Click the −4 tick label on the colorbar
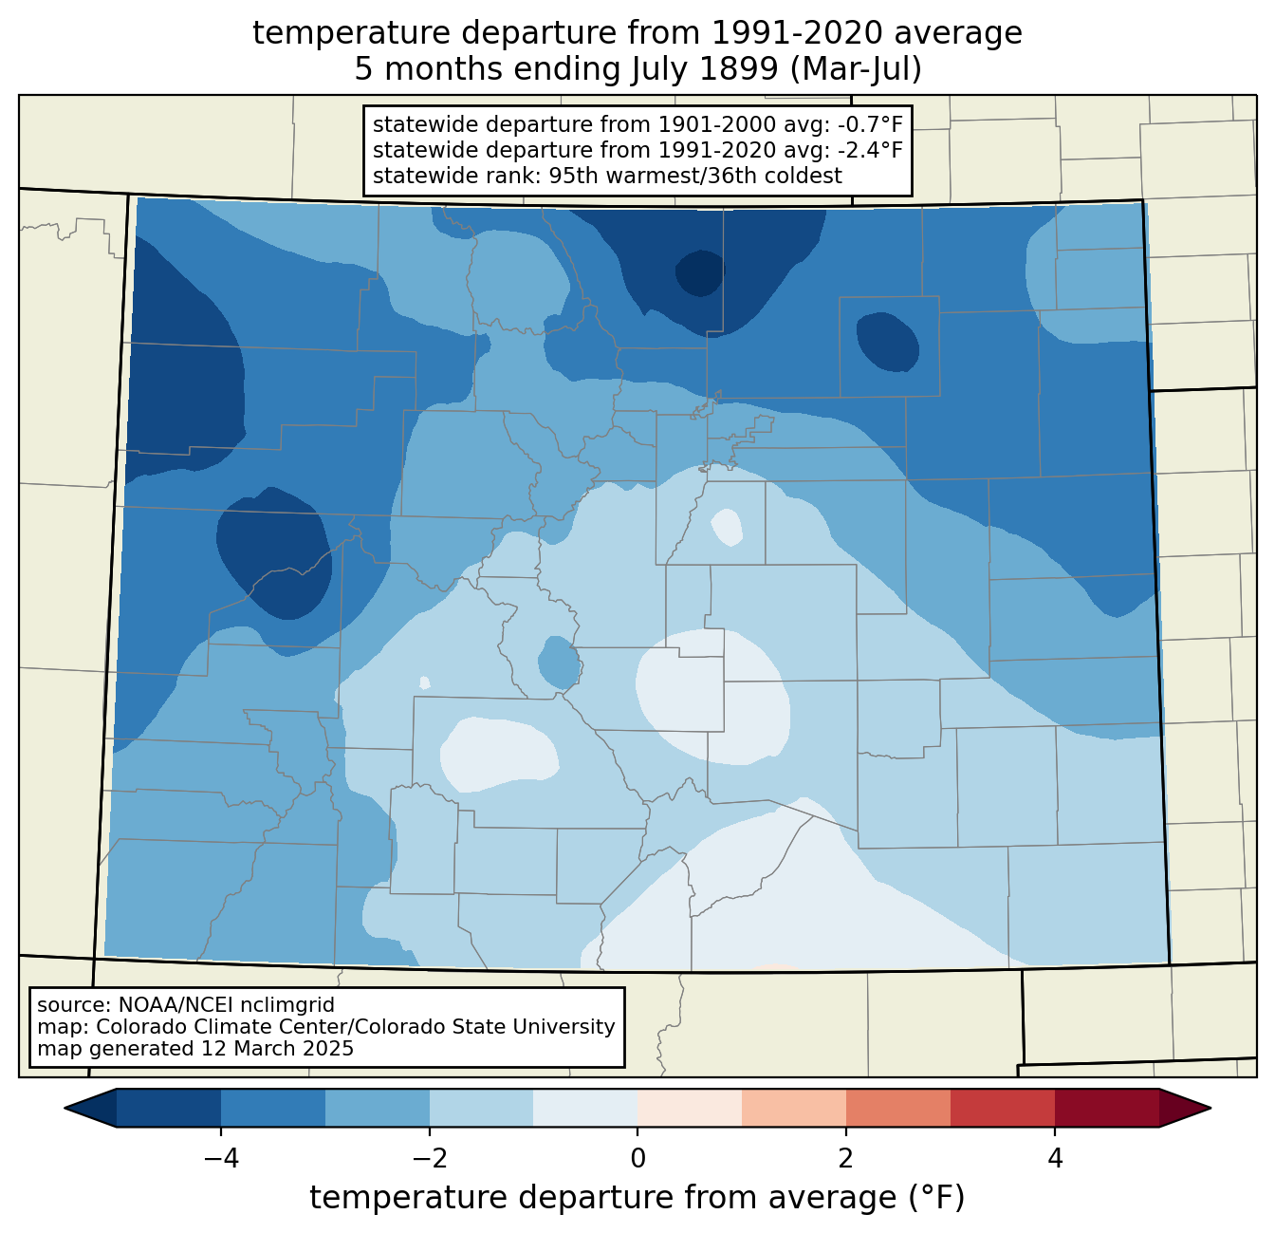point(221,1159)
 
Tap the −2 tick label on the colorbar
point(430,1159)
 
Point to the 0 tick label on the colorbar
point(637,1159)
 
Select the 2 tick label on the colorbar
point(846,1159)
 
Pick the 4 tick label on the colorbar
point(1055,1159)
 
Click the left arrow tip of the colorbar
point(65,1108)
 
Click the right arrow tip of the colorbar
point(1210,1108)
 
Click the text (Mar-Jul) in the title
point(856,69)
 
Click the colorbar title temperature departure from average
point(637,1197)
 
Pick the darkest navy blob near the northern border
point(700,272)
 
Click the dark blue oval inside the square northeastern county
point(888,342)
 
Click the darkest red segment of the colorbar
point(1107,1108)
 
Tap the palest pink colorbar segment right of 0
point(690,1108)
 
